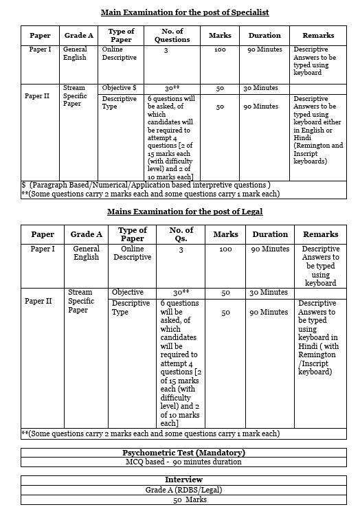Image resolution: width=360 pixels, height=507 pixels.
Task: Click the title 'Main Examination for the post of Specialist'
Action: [184, 12]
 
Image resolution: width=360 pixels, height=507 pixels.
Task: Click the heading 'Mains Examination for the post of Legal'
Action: [184, 212]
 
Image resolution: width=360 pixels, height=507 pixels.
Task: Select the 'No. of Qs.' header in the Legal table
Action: [181, 234]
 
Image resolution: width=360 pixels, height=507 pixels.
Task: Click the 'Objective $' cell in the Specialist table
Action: [120, 89]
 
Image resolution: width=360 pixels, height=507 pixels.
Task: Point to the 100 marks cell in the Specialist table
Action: [220, 51]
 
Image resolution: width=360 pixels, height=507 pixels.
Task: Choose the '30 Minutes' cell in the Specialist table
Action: [260, 89]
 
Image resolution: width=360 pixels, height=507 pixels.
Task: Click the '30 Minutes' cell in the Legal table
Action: [269, 293]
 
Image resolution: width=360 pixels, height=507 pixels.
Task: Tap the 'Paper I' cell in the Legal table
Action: [43, 249]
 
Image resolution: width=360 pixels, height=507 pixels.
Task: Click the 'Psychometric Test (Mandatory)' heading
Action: [184, 453]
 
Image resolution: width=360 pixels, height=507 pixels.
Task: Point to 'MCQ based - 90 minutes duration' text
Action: [184, 462]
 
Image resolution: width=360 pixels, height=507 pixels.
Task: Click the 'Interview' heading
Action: [184, 480]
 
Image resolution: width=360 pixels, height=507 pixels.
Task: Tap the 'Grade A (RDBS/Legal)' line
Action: [184, 490]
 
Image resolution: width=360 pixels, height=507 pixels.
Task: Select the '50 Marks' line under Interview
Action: [184, 499]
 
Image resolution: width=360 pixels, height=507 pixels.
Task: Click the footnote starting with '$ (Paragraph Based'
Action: [146, 185]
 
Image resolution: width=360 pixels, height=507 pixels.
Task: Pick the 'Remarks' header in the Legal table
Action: [320, 234]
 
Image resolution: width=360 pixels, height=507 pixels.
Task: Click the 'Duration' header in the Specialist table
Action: [265, 36]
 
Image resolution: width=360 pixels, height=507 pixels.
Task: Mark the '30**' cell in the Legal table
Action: [181, 293]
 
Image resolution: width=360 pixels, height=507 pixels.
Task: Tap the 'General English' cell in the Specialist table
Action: [75, 54]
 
